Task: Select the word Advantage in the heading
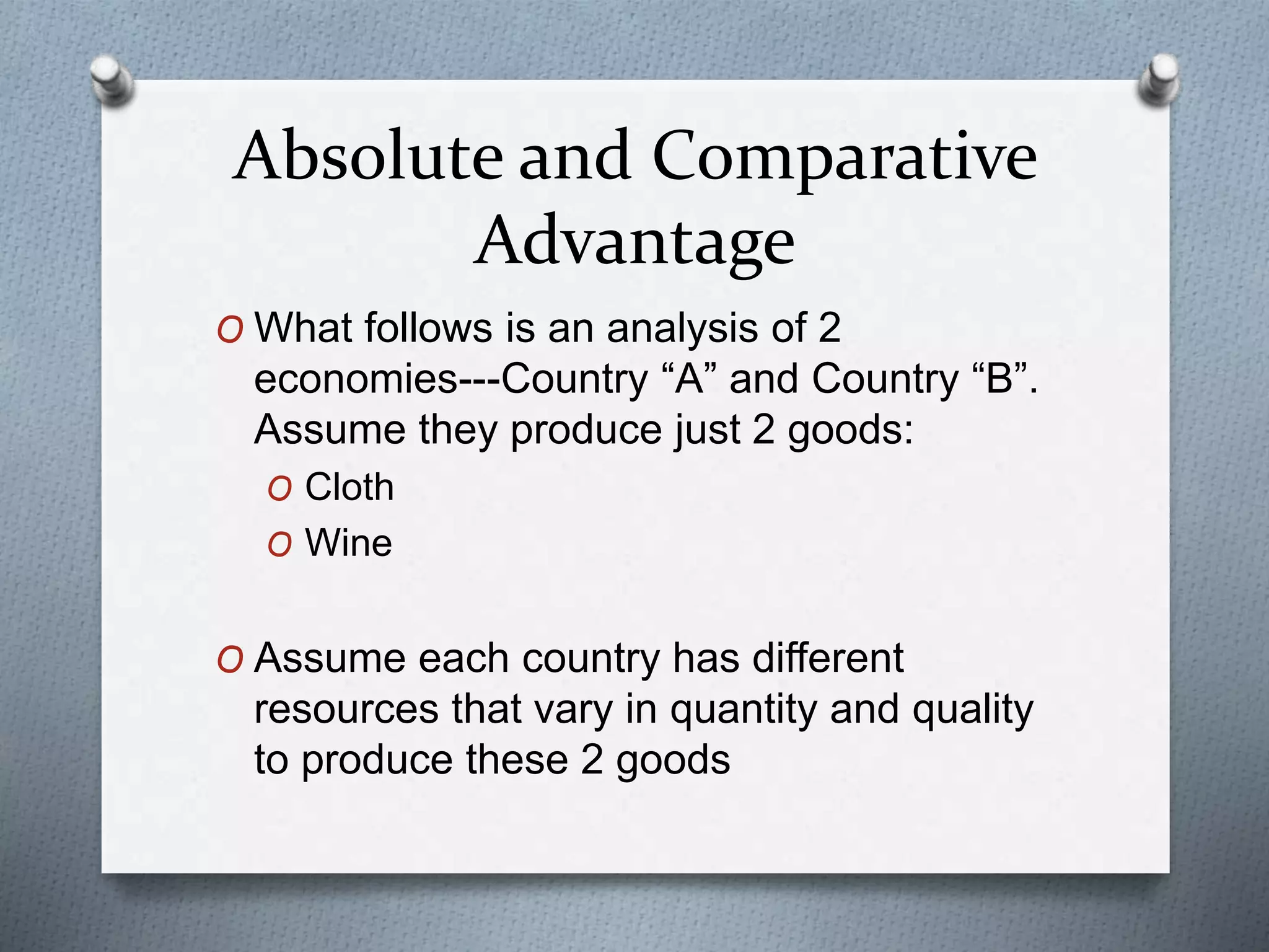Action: (634, 242)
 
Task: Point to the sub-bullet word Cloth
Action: (349, 487)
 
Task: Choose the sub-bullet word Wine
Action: (348, 544)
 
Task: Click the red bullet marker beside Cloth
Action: (279, 490)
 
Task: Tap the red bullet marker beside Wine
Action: (279, 546)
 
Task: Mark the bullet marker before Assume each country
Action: (230, 661)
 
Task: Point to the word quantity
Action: (743, 710)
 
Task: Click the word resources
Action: (346, 710)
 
